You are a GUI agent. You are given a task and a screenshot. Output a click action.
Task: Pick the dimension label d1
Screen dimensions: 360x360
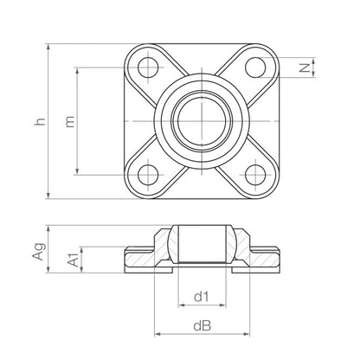click(201, 297)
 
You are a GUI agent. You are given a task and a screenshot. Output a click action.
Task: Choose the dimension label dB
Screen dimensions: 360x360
click(201, 326)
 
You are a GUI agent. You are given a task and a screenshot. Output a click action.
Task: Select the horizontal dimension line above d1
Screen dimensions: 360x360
click(201, 307)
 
